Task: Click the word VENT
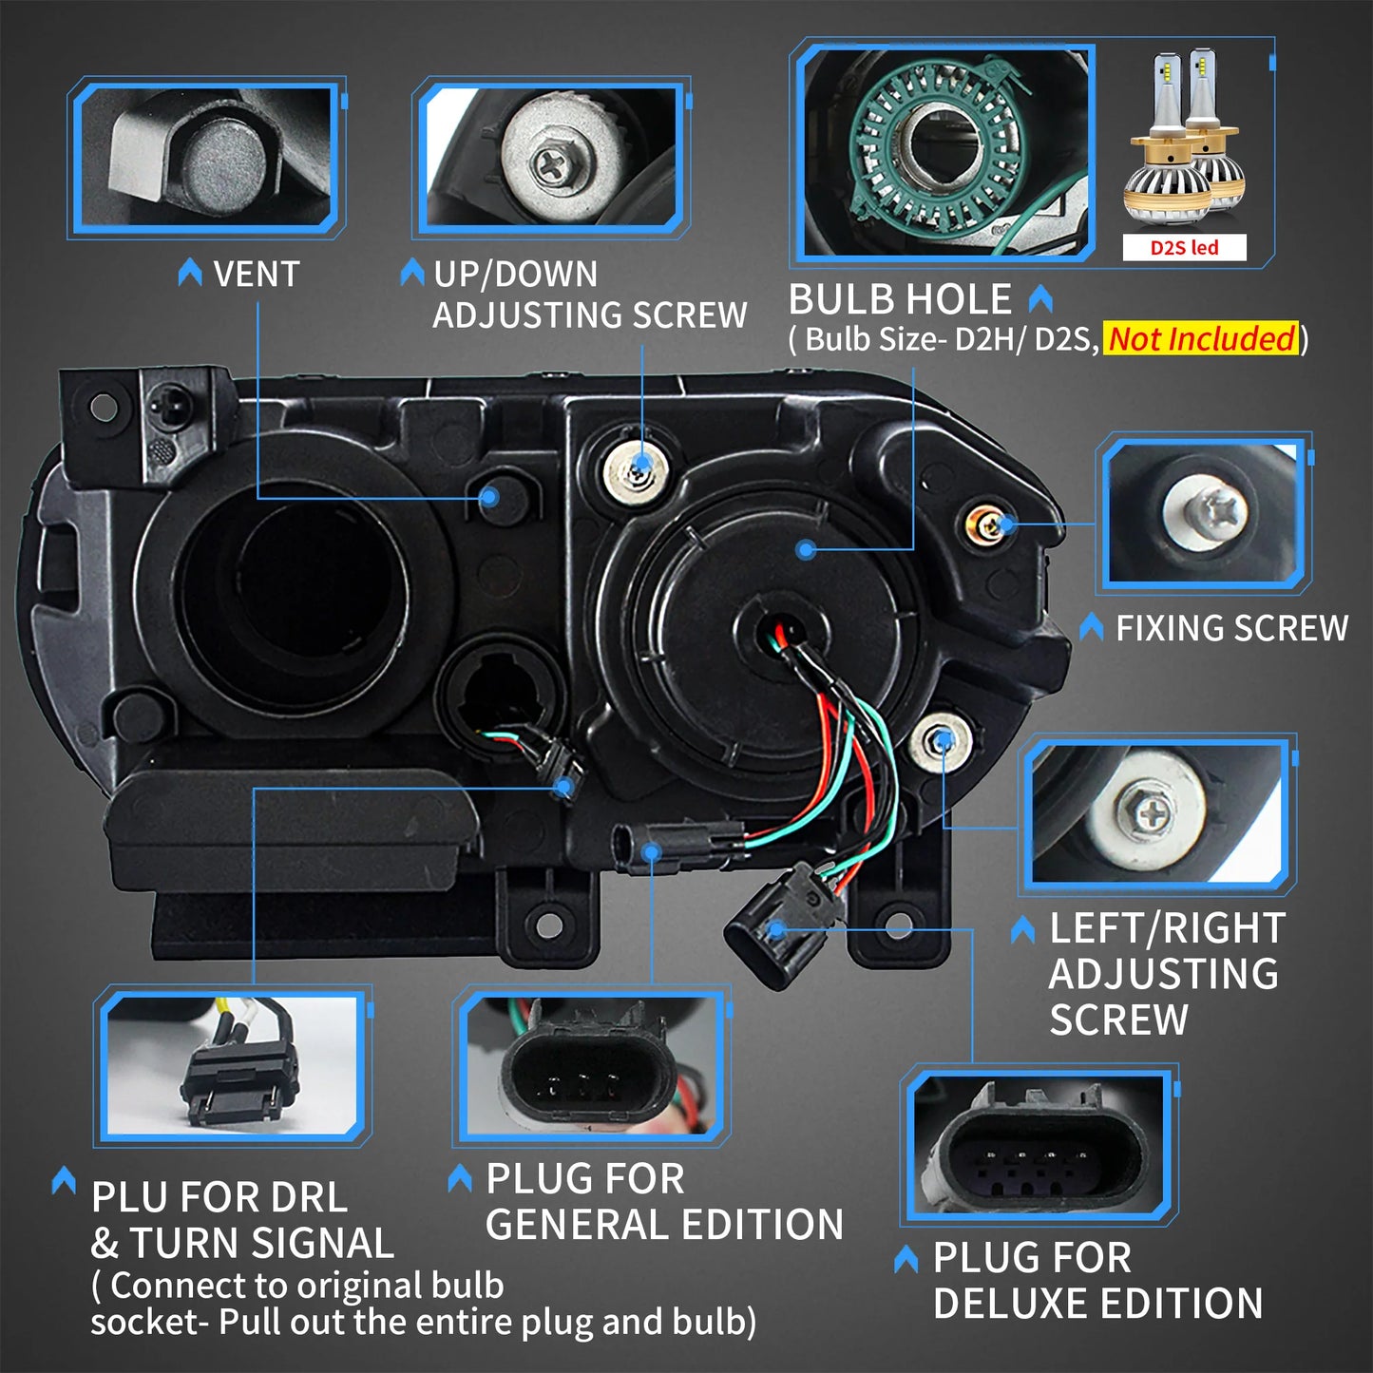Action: tap(257, 275)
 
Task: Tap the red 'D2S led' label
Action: tap(1184, 248)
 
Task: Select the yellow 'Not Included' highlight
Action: tap(1201, 338)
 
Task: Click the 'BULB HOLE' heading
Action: tap(900, 299)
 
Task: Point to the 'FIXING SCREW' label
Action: tap(1232, 628)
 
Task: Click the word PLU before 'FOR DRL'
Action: tap(131, 1197)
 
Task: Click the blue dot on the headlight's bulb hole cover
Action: tap(806, 549)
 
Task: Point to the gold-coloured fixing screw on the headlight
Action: tap(986, 526)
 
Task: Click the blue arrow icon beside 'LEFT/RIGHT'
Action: tap(1022, 930)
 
